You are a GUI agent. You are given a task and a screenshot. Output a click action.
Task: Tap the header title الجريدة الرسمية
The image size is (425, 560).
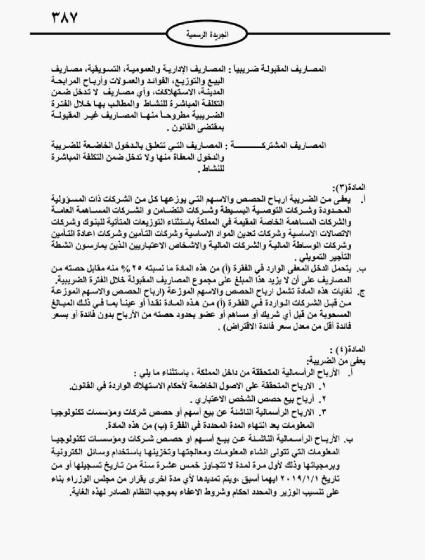point(213,34)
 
